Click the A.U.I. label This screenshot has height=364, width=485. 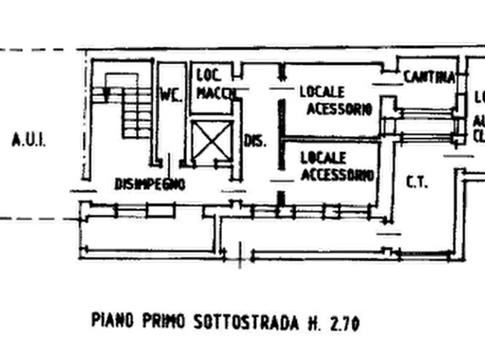coord(30,142)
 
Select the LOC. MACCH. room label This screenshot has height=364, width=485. coord(213,85)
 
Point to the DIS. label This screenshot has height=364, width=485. coord(255,142)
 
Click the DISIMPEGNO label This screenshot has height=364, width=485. coord(150,185)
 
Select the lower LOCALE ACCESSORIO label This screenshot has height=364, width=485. coord(336,166)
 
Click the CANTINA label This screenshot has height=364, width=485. coord(429,78)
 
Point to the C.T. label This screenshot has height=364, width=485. coord(417,183)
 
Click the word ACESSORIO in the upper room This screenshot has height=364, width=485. coord(338,109)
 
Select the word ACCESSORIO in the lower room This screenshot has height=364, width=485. coord(337,174)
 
